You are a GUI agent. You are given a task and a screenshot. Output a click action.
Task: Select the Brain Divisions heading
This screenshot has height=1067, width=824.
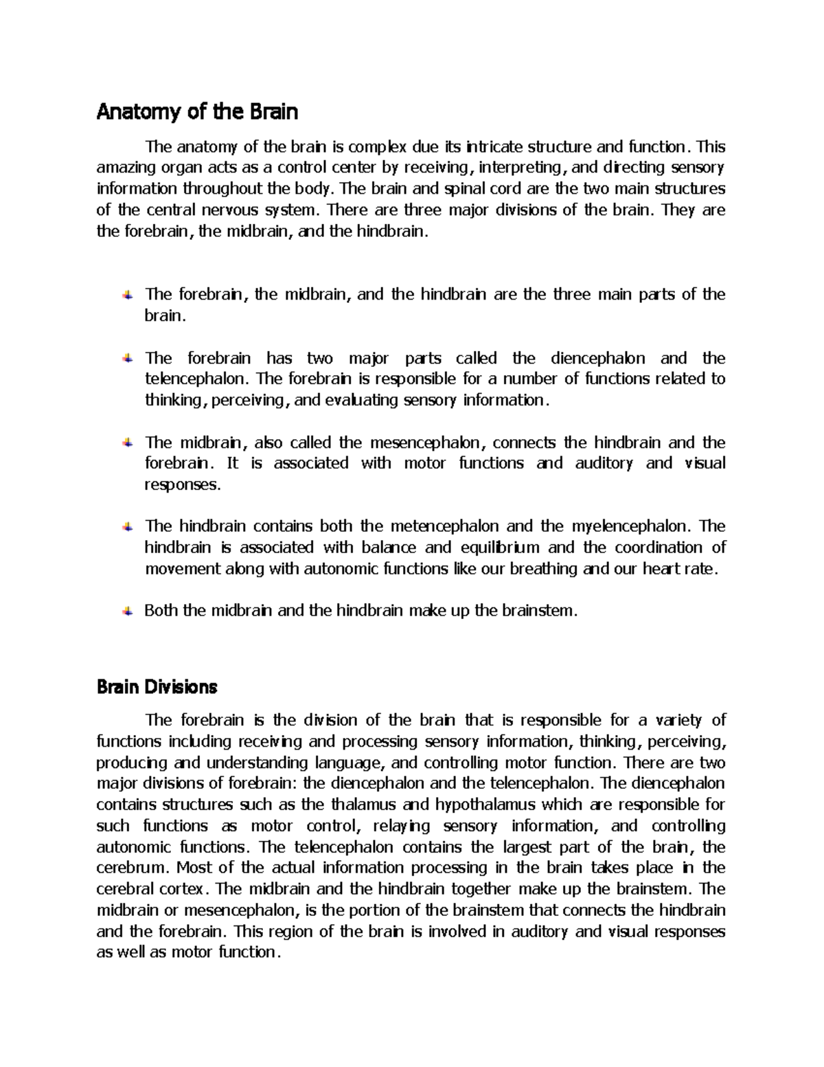coord(157,686)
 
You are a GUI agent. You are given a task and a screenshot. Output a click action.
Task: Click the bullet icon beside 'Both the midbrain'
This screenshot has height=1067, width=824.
coord(128,611)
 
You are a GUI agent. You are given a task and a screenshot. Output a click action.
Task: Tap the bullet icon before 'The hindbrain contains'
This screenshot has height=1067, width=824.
coord(128,527)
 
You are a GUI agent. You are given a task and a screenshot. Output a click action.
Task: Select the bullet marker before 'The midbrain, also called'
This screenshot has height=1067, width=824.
coord(128,443)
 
